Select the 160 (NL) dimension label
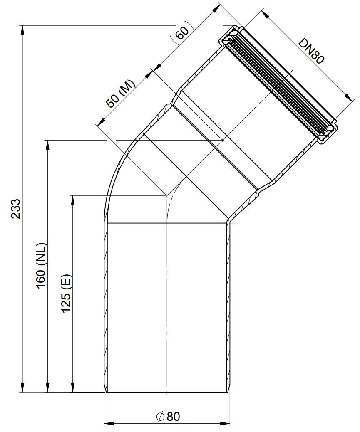(x=41, y=265)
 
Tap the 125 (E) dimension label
(x=66, y=293)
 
